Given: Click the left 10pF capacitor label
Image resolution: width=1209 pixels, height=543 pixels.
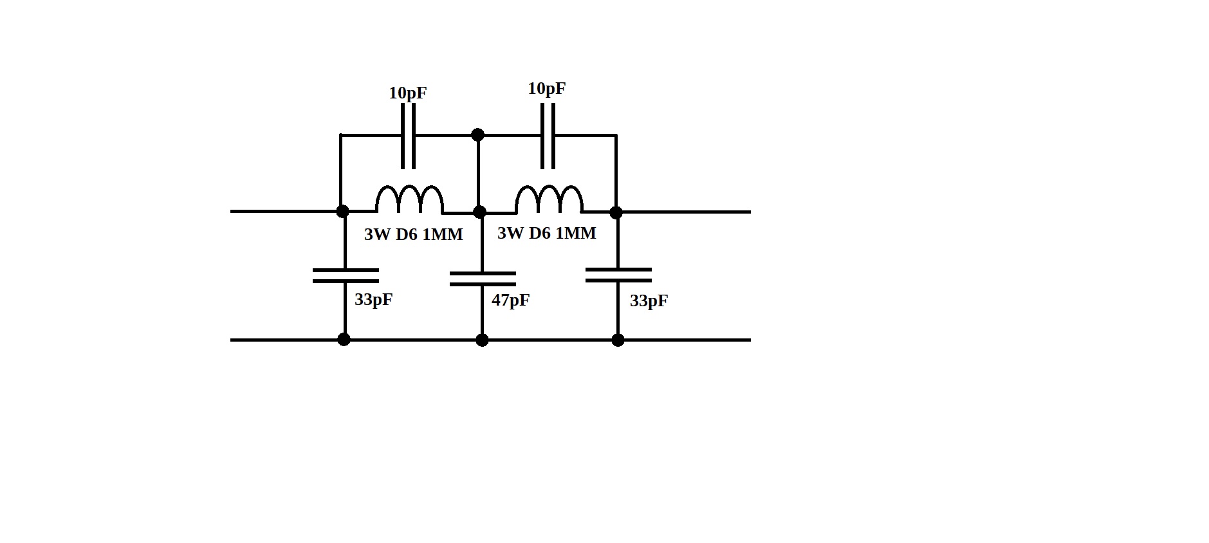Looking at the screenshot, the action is [407, 93].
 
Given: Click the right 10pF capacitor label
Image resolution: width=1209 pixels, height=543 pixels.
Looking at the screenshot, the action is [546, 89].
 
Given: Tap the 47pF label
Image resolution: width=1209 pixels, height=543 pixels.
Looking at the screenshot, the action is [510, 300].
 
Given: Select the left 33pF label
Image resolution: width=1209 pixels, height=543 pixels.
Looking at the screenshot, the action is [373, 300].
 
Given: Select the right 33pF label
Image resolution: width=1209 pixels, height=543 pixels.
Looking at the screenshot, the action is [649, 301].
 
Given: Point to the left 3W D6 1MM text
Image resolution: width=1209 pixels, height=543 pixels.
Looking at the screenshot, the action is [414, 235].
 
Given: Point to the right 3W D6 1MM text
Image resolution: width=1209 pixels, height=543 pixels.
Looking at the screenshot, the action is [547, 233].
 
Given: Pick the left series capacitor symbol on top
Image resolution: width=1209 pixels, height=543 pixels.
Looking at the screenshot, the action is [408, 136].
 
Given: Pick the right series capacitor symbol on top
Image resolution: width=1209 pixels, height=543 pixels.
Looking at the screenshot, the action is [548, 136].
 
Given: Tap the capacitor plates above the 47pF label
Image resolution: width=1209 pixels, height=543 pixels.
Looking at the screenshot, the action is [482, 279].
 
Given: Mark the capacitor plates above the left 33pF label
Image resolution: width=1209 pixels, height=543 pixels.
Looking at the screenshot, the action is [346, 276].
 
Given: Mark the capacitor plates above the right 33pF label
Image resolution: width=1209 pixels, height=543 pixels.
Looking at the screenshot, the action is [618, 276].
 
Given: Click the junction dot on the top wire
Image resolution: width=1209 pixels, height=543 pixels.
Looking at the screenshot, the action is [477, 135].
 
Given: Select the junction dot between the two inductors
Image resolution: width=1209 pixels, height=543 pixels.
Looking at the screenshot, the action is [479, 212].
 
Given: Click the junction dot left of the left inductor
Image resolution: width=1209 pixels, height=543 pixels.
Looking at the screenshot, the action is [342, 211].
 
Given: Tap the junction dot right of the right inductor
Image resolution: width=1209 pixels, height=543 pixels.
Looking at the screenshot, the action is [616, 212].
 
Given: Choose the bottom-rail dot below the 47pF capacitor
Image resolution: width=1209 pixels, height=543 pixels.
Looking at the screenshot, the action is [482, 340].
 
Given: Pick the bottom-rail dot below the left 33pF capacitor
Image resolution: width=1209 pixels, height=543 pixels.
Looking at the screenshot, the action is [344, 339].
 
